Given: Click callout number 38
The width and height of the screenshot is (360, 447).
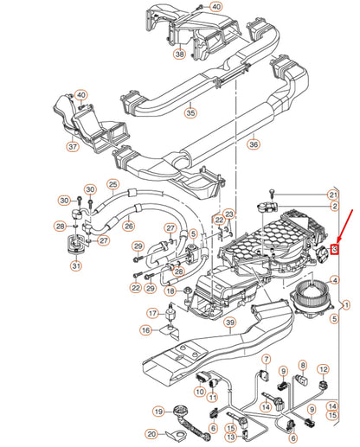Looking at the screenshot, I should [179, 53].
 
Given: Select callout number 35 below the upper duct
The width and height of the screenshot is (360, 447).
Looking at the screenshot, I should [191, 112].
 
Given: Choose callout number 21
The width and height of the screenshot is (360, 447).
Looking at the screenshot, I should [333, 195].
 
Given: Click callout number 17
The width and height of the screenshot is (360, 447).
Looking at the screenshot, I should [152, 313].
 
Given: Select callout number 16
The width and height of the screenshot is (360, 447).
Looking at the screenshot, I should [146, 329].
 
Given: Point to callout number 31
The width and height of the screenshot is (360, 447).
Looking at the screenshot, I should [76, 265].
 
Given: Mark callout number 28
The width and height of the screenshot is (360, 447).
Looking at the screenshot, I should [60, 226].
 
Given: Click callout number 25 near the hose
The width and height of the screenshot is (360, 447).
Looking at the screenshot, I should [112, 184].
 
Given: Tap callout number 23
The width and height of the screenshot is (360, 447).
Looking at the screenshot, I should [228, 214].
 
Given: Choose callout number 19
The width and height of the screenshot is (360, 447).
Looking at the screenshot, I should [158, 412].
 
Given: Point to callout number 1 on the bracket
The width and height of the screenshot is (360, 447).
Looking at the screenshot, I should [348, 304].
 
